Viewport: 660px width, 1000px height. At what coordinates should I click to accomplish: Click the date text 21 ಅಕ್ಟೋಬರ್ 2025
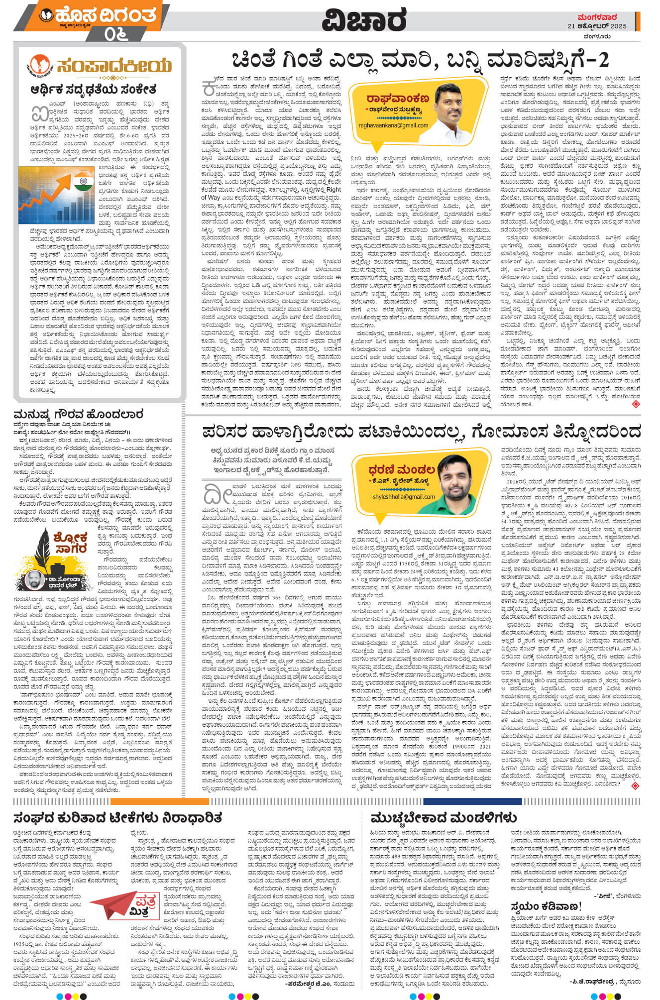(597, 26)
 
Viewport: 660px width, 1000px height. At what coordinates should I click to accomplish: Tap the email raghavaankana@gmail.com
(393, 125)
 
